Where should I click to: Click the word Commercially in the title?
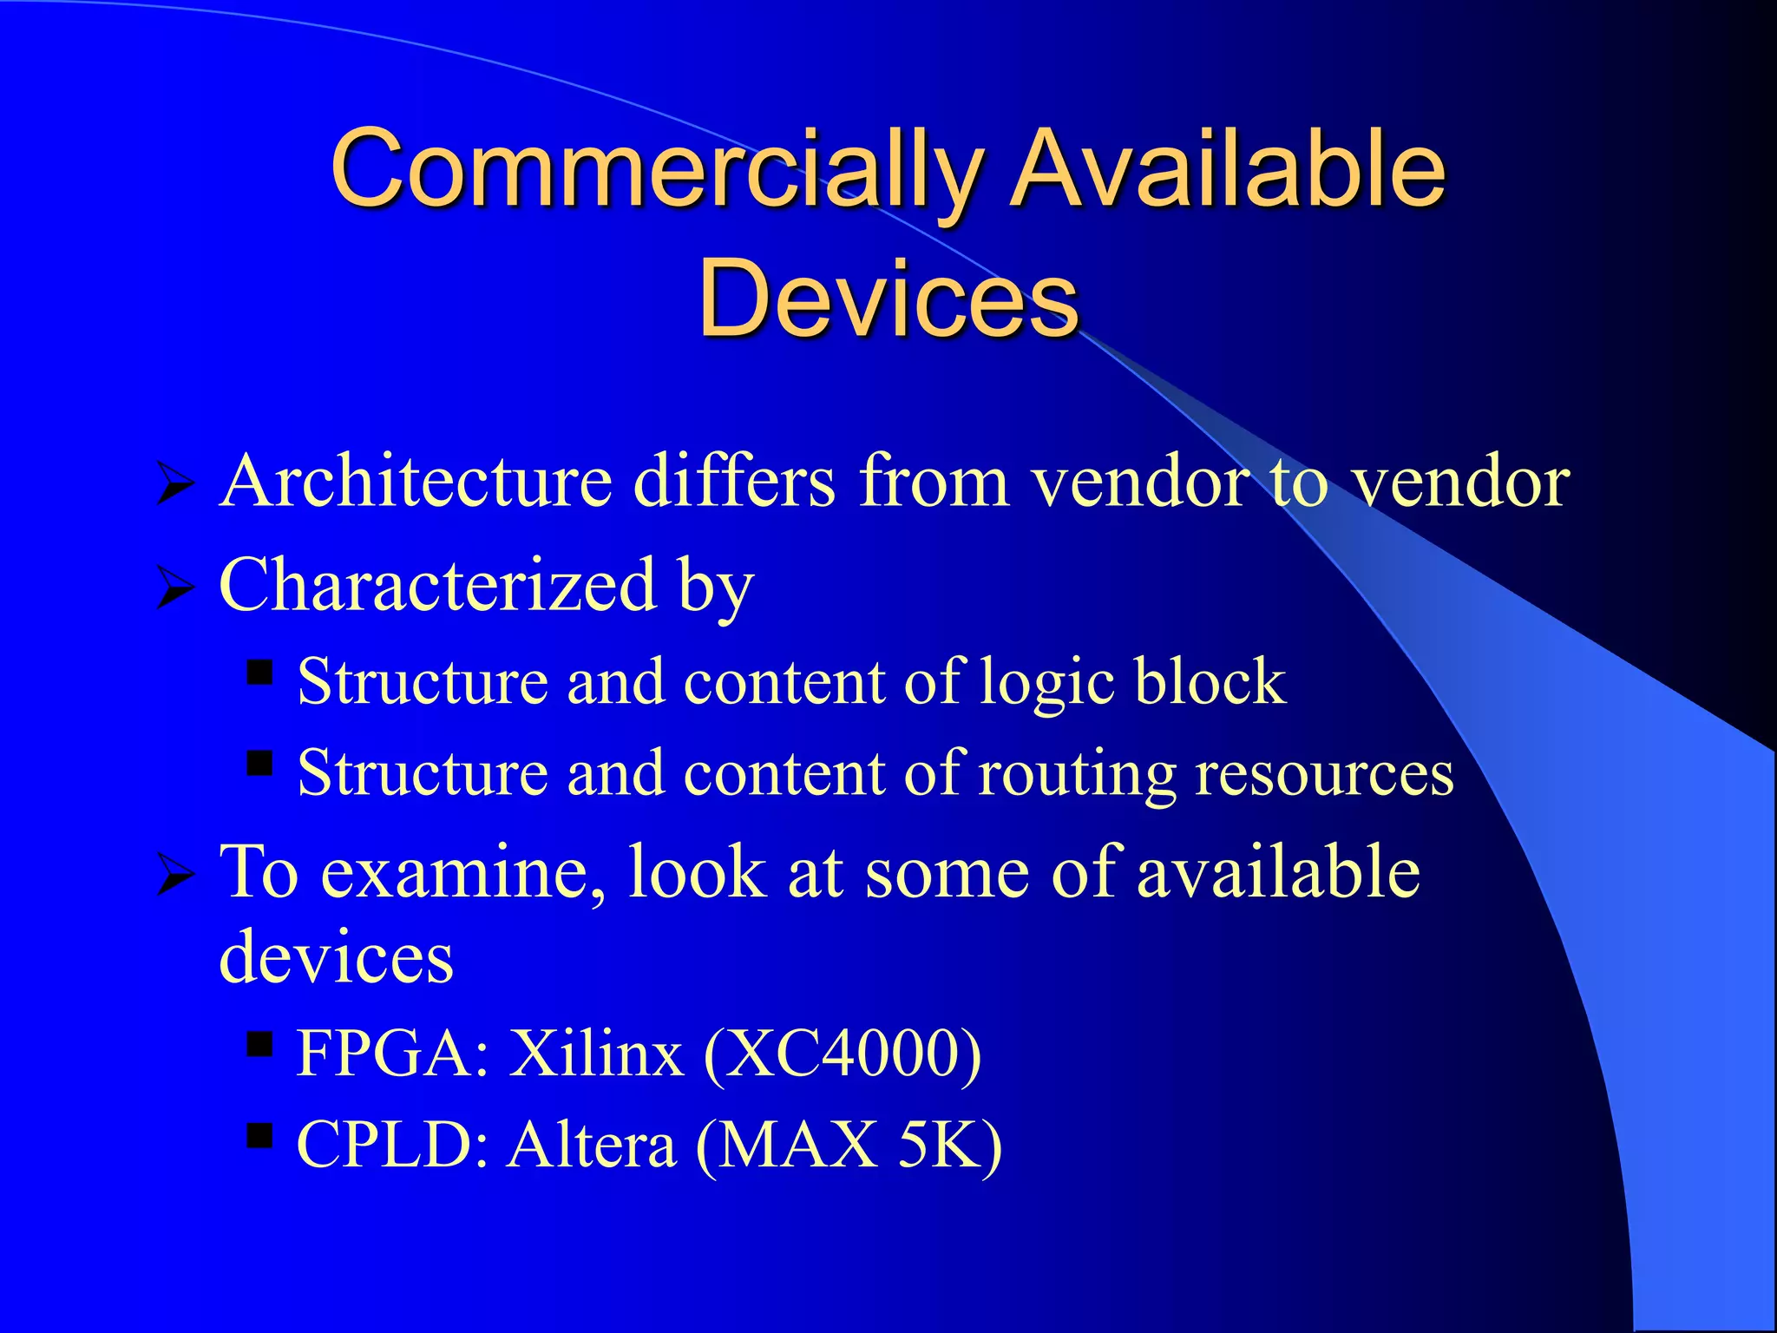(x=656, y=169)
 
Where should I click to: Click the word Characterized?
(x=438, y=585)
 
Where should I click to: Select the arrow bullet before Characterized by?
(x=174, y=589)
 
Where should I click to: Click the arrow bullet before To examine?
(x=174, y=875)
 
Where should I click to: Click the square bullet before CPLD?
(x=259, y=1135)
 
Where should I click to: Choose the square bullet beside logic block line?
(x=259, y=673)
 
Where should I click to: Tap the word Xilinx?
(x=595, y=1054)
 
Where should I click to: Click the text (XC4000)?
(x=843, y=1054)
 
